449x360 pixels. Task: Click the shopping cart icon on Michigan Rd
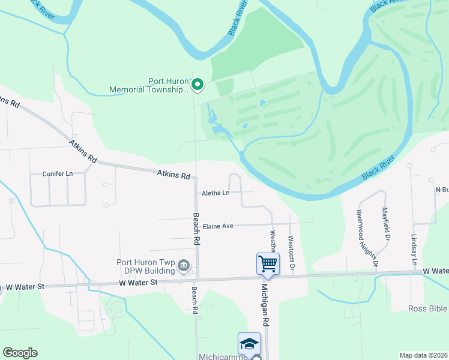pyautogui.click(x=268, y=263)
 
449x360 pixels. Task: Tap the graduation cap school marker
pyautogui.click(x=249, y=343)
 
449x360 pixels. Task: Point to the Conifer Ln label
pyautogui.click(x=57, y=173)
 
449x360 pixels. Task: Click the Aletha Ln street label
pyautogui.click(x=216, y=193)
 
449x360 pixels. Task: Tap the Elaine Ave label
pyautogui.click(x=217, y=226)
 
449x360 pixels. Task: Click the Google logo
pyautogui.click(x=20, y=353)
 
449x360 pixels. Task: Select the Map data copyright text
pyautogui.click(x=423, y=355)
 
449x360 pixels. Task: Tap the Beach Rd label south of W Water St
pyautogui.click(x=194, y=301)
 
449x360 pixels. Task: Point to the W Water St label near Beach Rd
pyautogui.click(x=138, y=282)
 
